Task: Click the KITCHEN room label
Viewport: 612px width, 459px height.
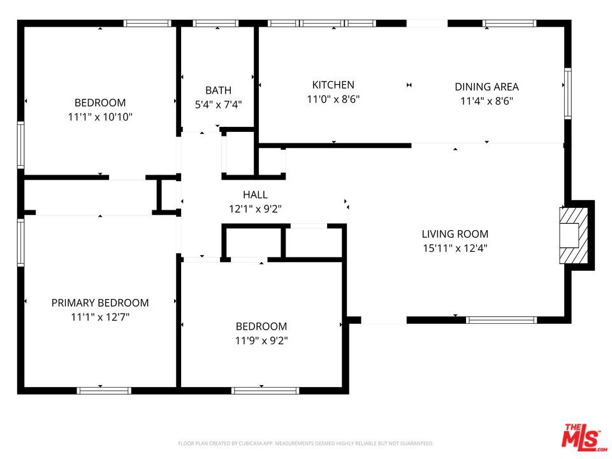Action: (x=333, y=85)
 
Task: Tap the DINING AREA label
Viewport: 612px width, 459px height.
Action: (x=486, y=87)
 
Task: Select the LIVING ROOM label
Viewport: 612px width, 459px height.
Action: (x=455, y=234)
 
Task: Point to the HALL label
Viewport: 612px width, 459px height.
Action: (x=255, y=194)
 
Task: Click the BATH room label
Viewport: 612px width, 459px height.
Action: (x=218, y=90)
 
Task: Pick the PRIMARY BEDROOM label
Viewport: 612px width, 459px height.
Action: (x=100, y=303)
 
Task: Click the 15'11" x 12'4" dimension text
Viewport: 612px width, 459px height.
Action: (x=455, y=248)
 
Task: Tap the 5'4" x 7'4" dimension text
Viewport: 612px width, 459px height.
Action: (x=218, y=104)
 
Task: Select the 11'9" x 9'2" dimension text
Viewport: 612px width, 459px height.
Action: (x=261, y=340)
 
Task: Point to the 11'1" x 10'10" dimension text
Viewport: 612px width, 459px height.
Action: (x=100, y=117)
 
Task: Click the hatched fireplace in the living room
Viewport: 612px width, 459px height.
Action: (x=574, y=235)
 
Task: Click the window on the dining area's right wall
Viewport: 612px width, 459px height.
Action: (x=567, y=93)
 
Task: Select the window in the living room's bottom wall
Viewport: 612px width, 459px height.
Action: (x=501, y=320)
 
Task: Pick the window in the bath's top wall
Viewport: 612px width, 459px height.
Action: (x=215, y=24)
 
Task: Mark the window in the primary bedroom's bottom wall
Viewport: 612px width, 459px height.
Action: (x=104, y=391)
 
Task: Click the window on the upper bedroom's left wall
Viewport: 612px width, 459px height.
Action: (x=20, y=145)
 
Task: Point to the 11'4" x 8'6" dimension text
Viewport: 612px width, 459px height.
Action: (x=486, y=101)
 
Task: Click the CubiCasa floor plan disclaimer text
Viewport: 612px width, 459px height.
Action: (x=305, y=444)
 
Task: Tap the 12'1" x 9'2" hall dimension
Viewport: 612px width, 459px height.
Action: (x=255, y=209)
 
